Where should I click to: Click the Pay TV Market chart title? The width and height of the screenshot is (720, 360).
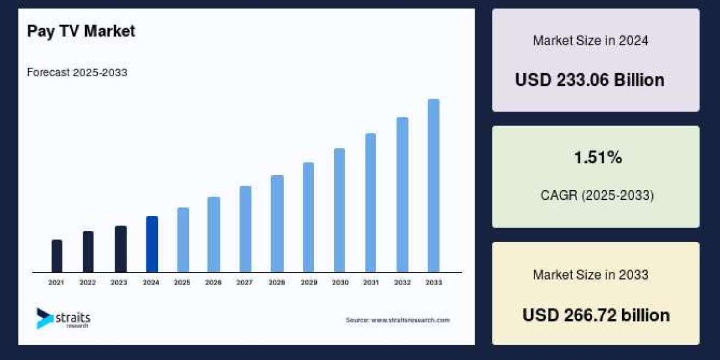click(x=81, y=31)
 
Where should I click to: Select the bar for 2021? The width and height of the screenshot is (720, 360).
click(x=57, y=256)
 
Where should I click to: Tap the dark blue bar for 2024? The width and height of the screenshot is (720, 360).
click(x=152, y=244)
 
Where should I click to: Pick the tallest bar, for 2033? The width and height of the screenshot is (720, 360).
click(x=433, y=185)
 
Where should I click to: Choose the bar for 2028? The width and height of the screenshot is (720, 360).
click(x=277, y=223)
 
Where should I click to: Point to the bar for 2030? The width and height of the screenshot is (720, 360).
click(x=340, y=210)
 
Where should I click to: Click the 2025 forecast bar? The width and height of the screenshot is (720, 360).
click(x=183, y=239)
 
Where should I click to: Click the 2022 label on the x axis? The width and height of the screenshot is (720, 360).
click(x=88, y=282)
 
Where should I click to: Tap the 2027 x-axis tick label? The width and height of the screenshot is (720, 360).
click(x=244, y=282)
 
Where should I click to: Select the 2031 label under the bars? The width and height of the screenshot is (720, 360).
click(x=371, y=282)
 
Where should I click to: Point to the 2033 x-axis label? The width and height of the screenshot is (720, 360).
click(x=433, y=282)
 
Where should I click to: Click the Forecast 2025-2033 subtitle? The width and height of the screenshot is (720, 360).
click(x=77, y=73)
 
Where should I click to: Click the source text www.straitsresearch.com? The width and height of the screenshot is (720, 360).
click(x=397, y=320)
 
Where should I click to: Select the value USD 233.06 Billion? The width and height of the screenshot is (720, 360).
click(x=590, y=80)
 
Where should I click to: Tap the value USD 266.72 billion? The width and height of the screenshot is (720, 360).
click(x=596, y=315)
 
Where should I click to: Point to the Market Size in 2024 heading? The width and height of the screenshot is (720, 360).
click(x=590, y=41)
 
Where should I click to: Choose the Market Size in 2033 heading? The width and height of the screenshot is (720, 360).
click(x=590, y=275)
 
